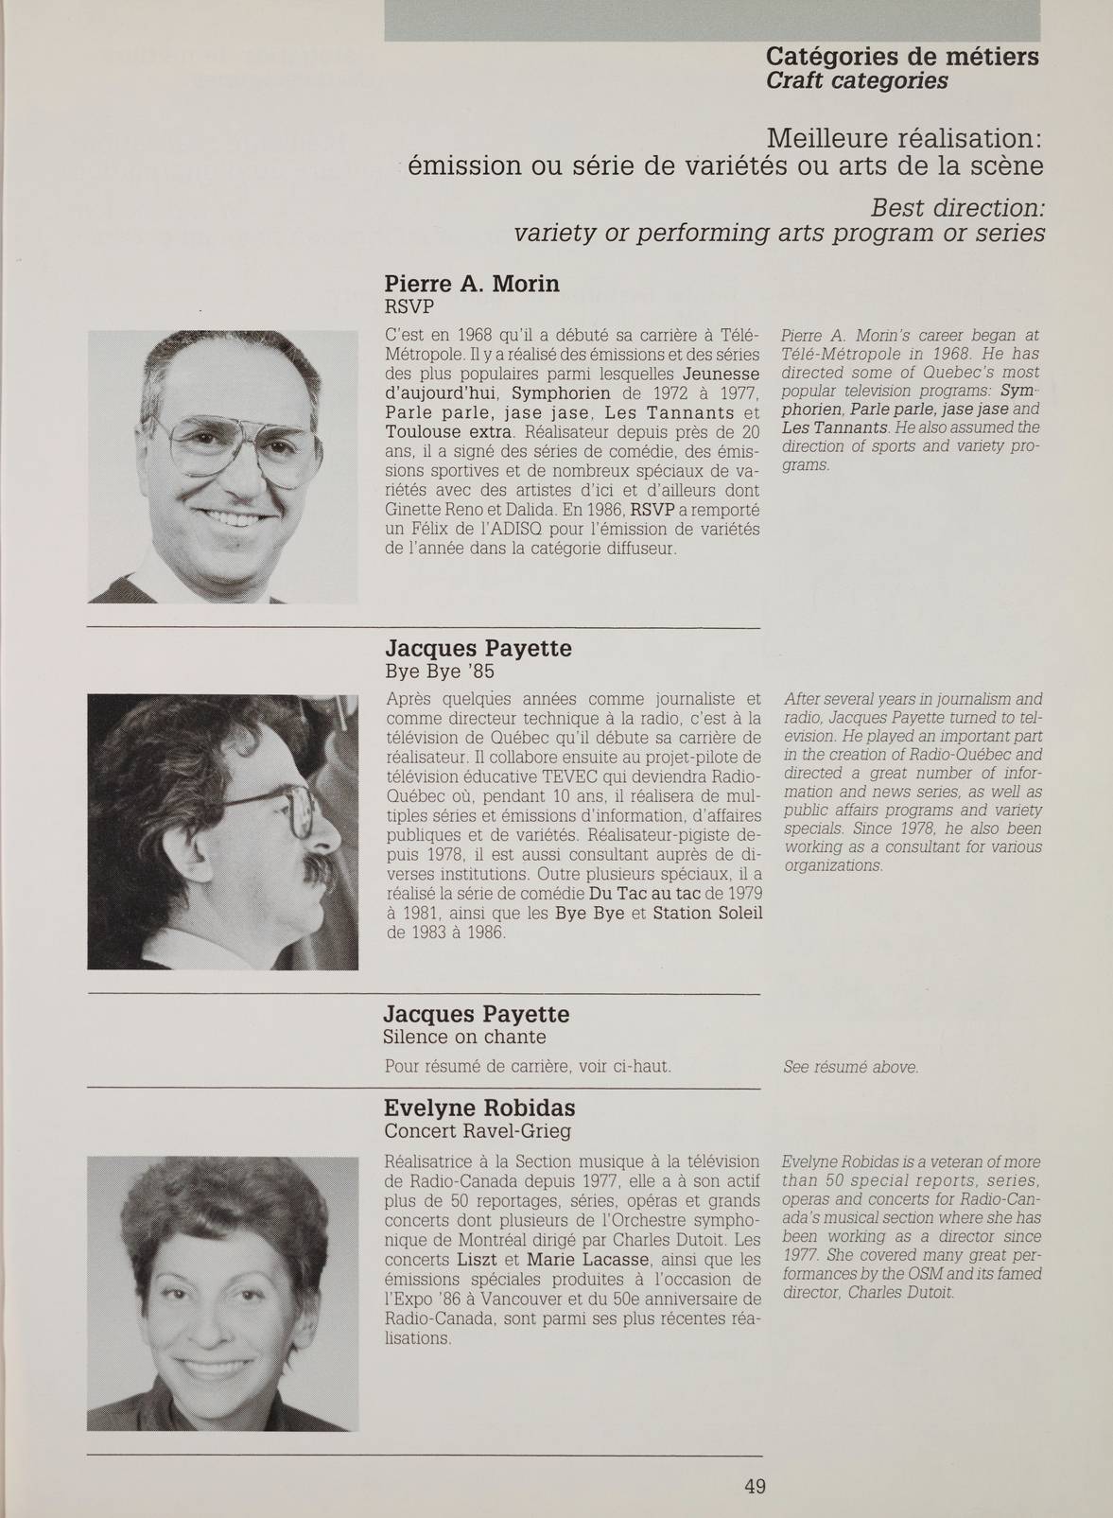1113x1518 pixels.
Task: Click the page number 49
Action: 754,1486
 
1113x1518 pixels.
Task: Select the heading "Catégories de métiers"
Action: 902,57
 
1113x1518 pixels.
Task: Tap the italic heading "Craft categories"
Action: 857,81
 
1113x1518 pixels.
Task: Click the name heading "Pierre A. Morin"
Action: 472,284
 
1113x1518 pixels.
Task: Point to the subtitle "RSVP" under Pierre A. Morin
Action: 409,307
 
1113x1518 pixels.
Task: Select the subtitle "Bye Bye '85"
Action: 439,672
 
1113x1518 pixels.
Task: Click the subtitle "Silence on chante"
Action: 464,1037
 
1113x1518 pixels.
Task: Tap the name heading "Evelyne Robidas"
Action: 479,1108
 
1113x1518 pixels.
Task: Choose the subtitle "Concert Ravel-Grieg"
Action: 478,1131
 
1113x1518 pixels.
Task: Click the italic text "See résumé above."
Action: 851,1067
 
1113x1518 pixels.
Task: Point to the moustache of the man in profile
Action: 317,868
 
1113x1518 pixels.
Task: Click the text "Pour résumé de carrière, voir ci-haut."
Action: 528,1067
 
